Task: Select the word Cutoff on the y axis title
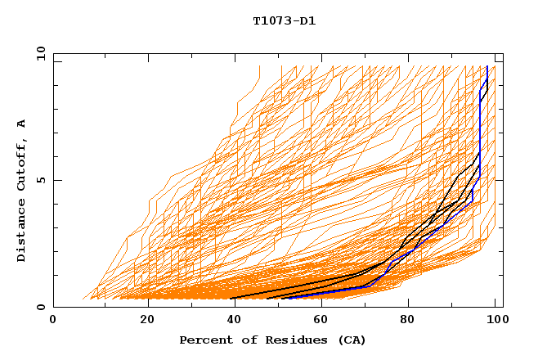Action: click(x=21, y=162)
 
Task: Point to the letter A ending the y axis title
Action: click(x=21, y=123)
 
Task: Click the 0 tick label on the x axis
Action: click(x=54, y=320)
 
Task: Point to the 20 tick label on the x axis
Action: click(x=147, y=320)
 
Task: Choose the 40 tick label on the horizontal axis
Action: click(x=236, y=320)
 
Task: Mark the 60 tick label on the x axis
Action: click(x=325, y=320)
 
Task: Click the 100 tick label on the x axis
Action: click(x=495, y=320)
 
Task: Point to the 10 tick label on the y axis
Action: click(x=38, y=53)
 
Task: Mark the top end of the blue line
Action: click(x=487, y=66)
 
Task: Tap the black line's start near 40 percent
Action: click(x=231, y=298)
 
